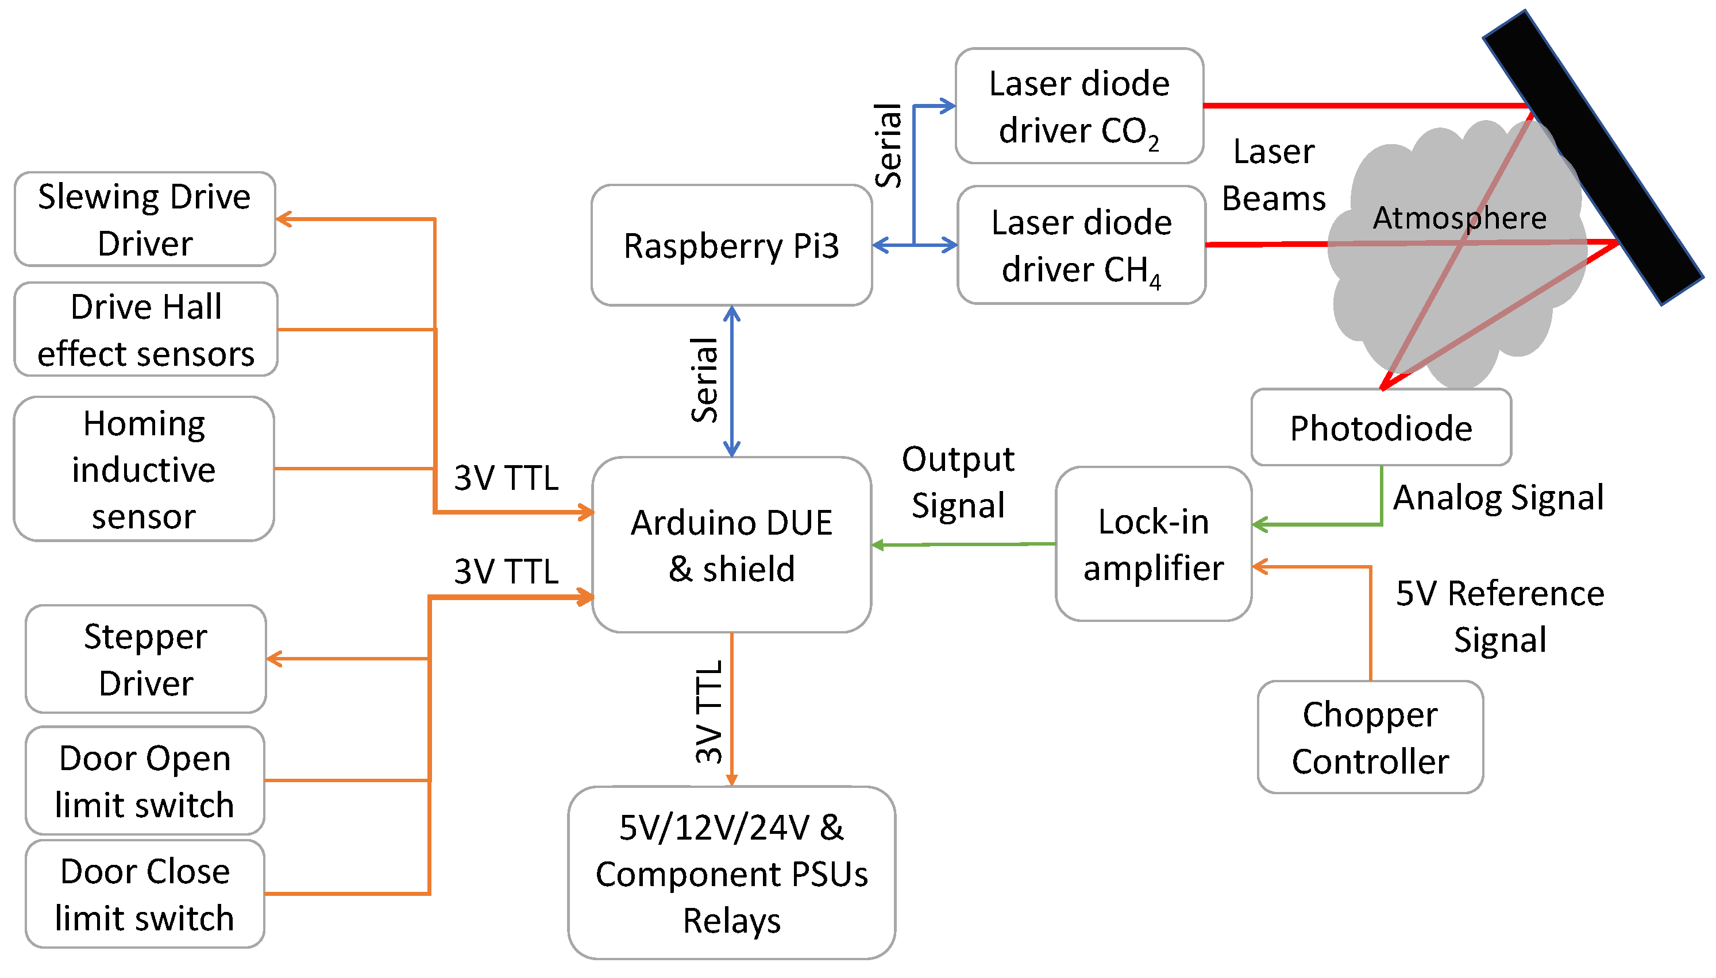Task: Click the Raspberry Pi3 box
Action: (731, 245)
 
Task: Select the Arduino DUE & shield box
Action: (731, 545)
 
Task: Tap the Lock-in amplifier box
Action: (1153, 544)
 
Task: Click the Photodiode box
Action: (1380, 428)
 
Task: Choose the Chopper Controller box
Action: (1370, 737)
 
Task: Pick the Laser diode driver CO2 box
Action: (1079, 106)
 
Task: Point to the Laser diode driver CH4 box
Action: (1081, 245)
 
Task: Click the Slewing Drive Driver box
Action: (144, 219)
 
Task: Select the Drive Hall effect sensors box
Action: (146, 330)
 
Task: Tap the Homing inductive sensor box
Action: (144, 469)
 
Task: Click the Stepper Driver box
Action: (146, 659)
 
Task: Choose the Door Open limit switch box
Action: (144, 780)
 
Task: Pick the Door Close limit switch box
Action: (144, 894)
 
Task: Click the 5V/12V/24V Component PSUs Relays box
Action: (731, 873)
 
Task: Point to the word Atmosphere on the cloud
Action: (1459, 218)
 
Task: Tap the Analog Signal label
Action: (1498, 498)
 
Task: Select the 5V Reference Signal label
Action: (1499, 616)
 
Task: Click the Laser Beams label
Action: (1273, 175)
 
